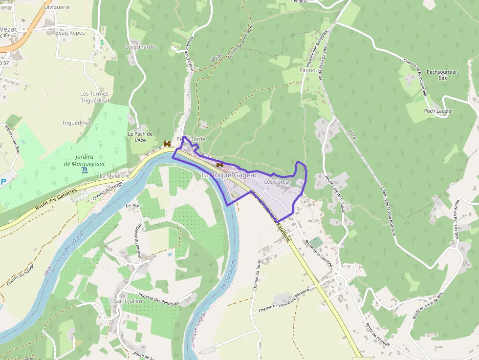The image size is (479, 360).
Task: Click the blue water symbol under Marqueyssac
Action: click(x=86, y=169)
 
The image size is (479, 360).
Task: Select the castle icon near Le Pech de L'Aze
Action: click(x=167, y=144)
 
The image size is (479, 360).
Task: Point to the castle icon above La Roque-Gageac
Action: click(x=219, y=165)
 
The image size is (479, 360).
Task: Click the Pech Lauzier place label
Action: click(x=438, y=111)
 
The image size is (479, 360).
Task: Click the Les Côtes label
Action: click(x=276, y=182)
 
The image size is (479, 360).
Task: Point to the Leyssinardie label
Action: click(x=140, y=47)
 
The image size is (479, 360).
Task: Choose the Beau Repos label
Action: click(x=70, y=33)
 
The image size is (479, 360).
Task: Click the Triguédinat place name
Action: click(x=77, y=123)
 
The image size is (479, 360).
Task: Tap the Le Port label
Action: click(x=133, y=206)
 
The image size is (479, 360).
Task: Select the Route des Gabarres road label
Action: click(x=56, y=200)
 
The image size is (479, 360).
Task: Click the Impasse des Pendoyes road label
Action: click(x=158, y=299)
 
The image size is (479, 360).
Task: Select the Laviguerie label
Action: click(x=57, y=7)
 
